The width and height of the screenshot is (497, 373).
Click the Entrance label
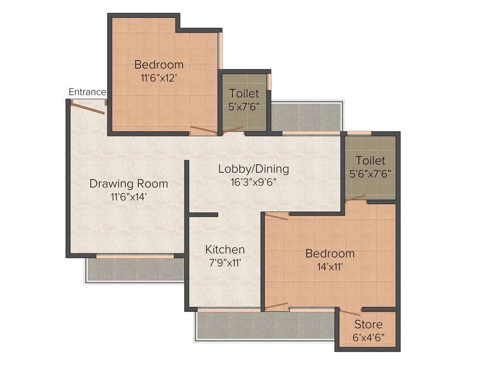87,92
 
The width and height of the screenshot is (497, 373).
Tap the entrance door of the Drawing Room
88,108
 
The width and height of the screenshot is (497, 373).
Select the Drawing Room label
129,184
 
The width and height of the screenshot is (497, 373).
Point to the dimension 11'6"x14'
129,197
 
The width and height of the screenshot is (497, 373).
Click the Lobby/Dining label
253,169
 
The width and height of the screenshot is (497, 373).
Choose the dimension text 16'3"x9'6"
253,182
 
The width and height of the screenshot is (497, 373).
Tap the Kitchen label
225,250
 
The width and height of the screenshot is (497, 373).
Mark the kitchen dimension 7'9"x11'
225,262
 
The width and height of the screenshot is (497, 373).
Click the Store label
368,324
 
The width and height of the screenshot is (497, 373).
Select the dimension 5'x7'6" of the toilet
244,106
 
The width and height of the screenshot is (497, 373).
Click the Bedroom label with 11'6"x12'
159,65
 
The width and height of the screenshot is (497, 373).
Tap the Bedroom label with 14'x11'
330,254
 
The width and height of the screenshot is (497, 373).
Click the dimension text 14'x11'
330,266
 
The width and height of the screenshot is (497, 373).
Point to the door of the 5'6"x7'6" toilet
355,198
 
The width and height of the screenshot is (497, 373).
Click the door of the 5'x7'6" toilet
232,129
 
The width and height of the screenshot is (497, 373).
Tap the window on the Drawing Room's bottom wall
134,255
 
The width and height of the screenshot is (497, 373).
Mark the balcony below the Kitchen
265,325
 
